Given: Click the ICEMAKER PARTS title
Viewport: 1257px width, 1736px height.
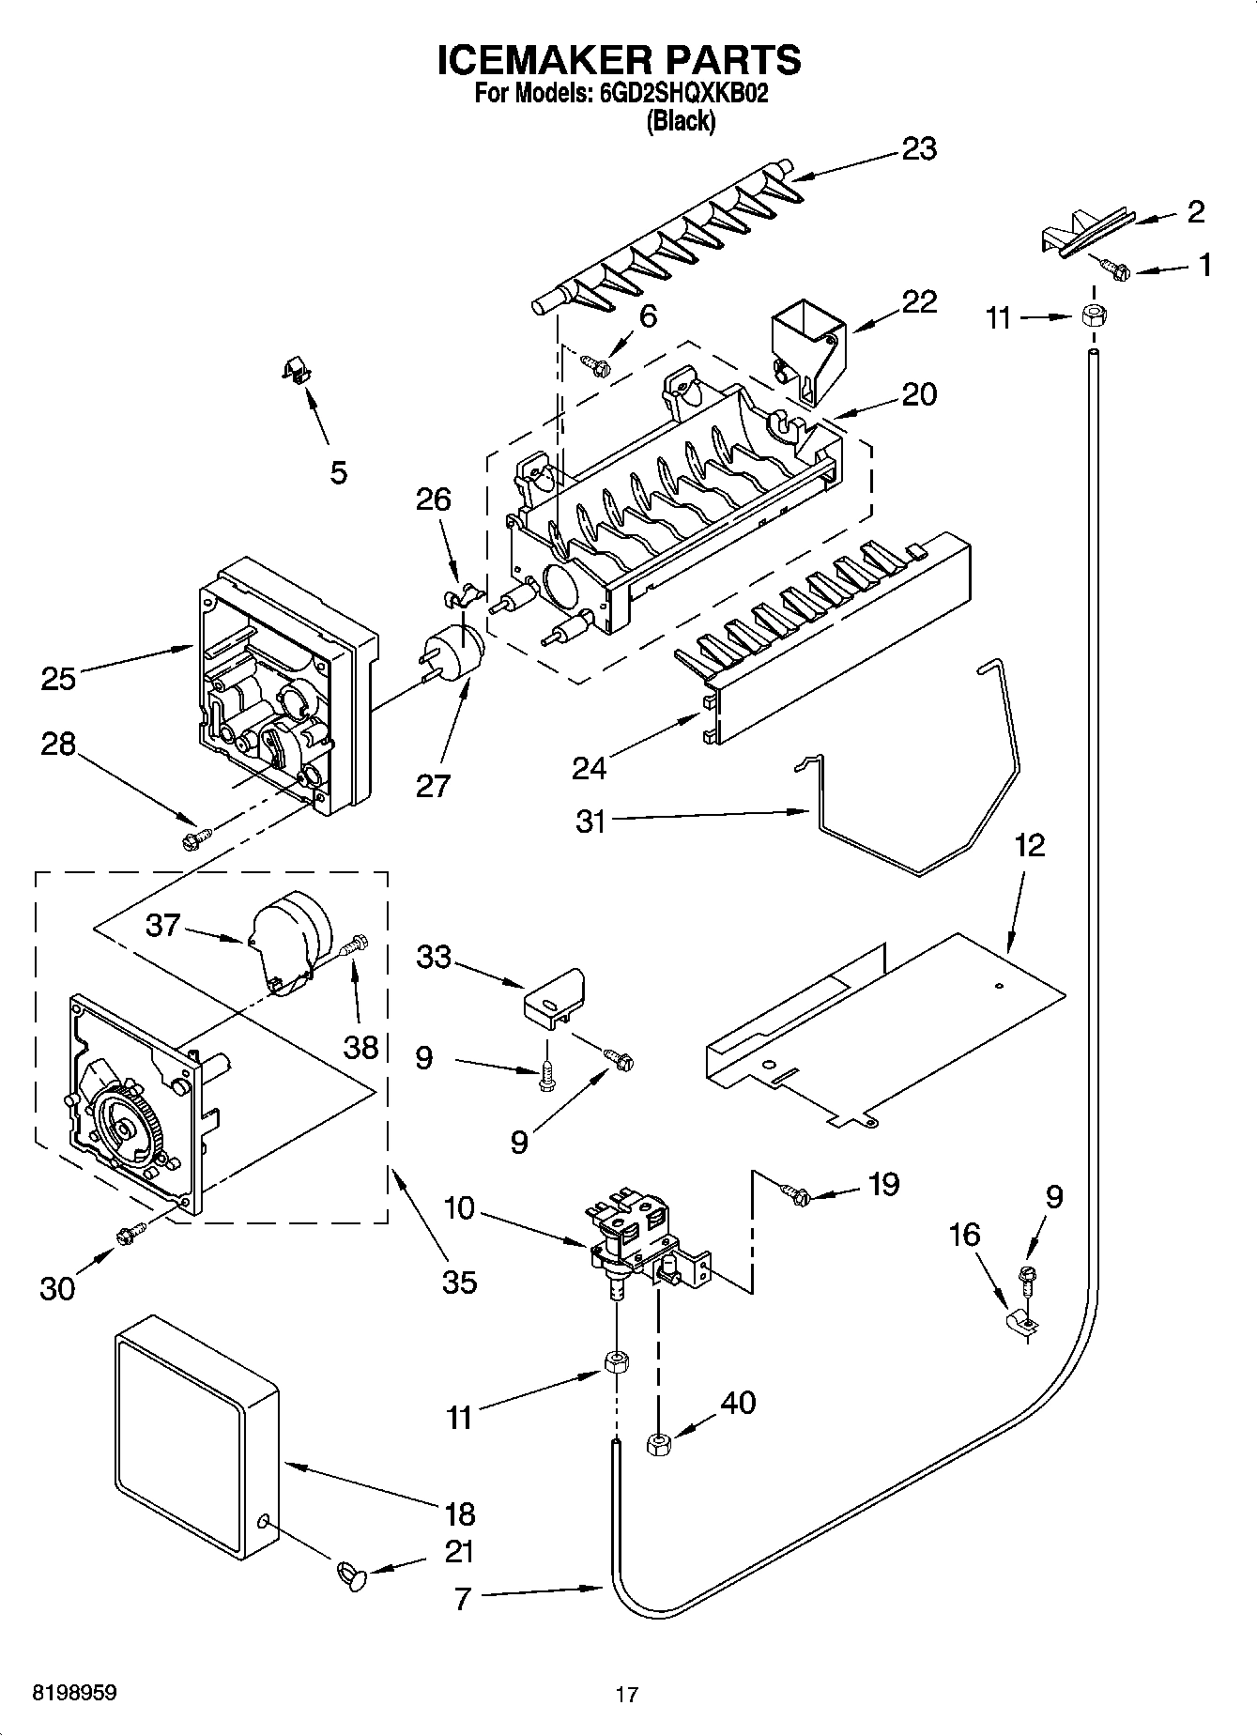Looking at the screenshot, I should (x=620, y=60).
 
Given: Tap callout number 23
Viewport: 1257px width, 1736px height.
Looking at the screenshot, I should (x=918, y=149).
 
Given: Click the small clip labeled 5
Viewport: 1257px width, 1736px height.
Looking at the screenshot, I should (x=298, y=373).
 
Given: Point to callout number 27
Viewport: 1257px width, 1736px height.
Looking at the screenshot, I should (x=433, y=784).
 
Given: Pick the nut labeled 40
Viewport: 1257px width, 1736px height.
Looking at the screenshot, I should (x=656, y=1443).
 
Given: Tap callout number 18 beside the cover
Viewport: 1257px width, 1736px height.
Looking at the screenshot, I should (x=460, y=1513).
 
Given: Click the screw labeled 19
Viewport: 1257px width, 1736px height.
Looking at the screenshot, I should (x=796, y=1194).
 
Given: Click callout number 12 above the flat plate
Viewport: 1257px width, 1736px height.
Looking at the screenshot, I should (x=1029, y=846).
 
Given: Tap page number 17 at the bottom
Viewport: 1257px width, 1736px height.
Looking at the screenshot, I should (x=627, y=1695).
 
